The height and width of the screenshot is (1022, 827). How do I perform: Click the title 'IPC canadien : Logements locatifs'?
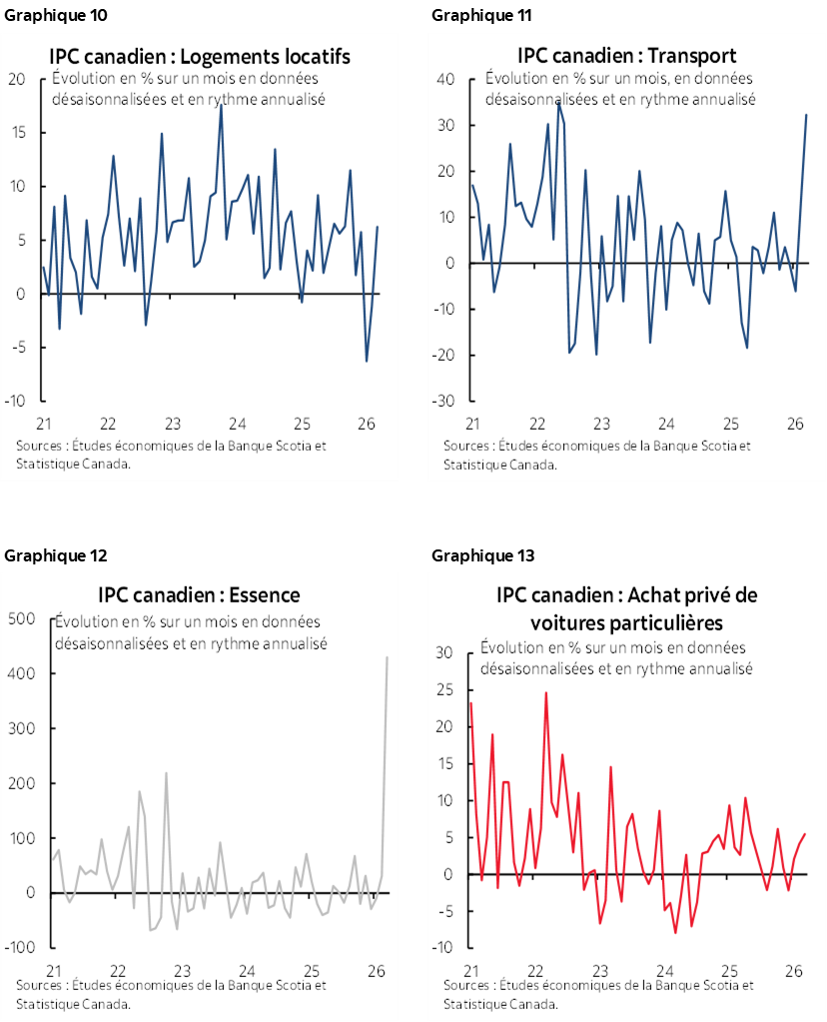[x=200, y=56]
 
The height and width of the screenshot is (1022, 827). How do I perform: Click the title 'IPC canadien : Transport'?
[x=626, y=55]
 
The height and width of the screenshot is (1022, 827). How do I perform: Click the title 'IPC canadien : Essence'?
[x=199, y=595]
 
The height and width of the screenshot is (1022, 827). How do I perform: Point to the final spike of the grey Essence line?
[x=387, y=657]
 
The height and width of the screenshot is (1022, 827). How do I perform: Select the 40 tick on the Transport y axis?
[x=446, y=80]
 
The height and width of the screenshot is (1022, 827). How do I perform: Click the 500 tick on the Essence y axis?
[x=21, y=619]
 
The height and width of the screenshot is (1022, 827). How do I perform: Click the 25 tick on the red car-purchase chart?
[x=446, y=690]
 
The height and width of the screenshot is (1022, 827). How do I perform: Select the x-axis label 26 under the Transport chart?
[x=795, y=424]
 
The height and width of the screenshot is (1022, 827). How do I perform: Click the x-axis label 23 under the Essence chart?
[x=182, y=970]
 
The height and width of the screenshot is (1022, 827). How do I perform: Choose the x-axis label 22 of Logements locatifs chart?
[x=108, y=424]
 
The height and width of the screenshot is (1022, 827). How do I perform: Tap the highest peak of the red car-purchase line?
[x=546, y=692]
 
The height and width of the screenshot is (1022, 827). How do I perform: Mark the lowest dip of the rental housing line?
[x=367, y=361]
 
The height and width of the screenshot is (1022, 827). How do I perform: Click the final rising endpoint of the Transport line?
[x=806, y=115]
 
